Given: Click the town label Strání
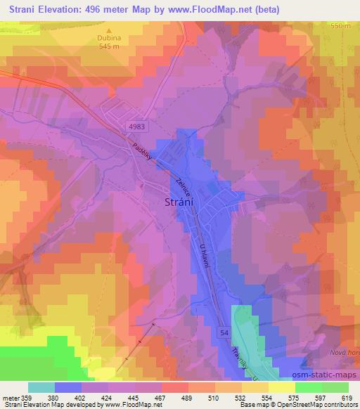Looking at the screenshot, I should (188, 202).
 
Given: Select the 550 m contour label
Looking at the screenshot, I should (340, 25).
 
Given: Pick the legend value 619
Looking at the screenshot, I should (345, 397).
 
